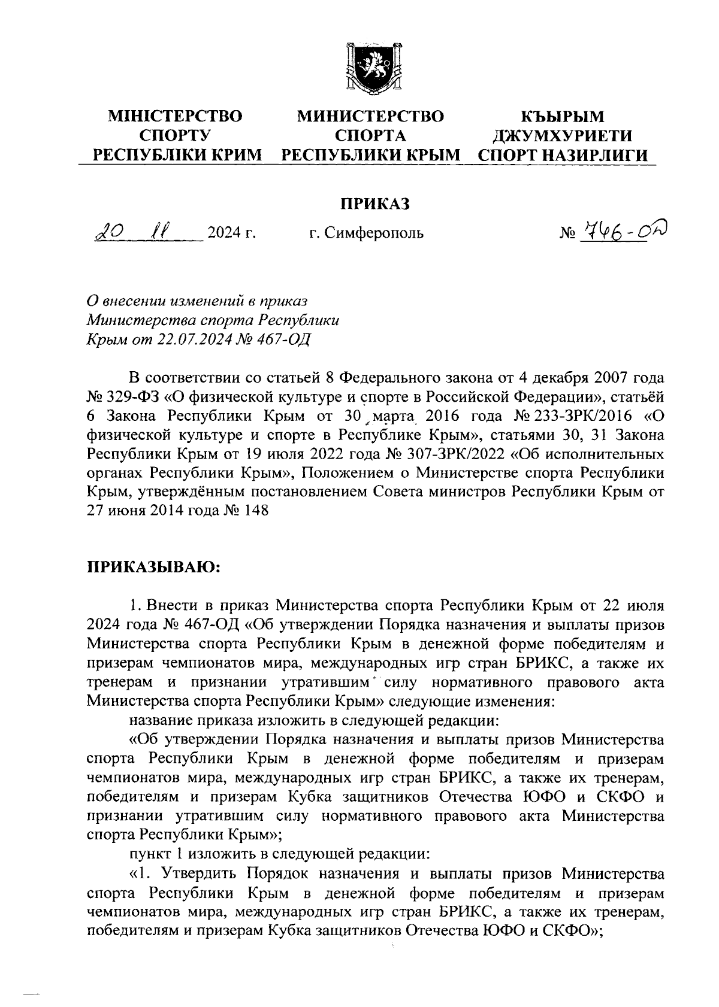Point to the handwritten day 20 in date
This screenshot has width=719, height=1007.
[x=109, y=231]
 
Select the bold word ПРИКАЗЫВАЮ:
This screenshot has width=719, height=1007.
[x=154, y=566]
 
